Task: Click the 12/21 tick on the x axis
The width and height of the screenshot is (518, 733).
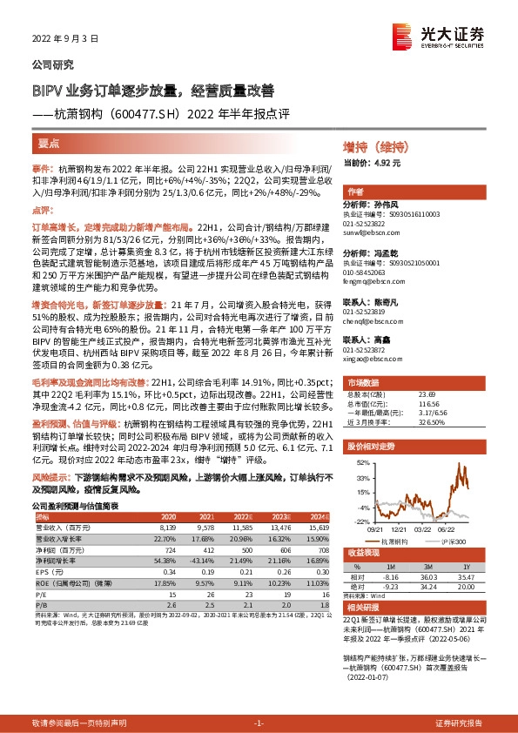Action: [x=400, y=528]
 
